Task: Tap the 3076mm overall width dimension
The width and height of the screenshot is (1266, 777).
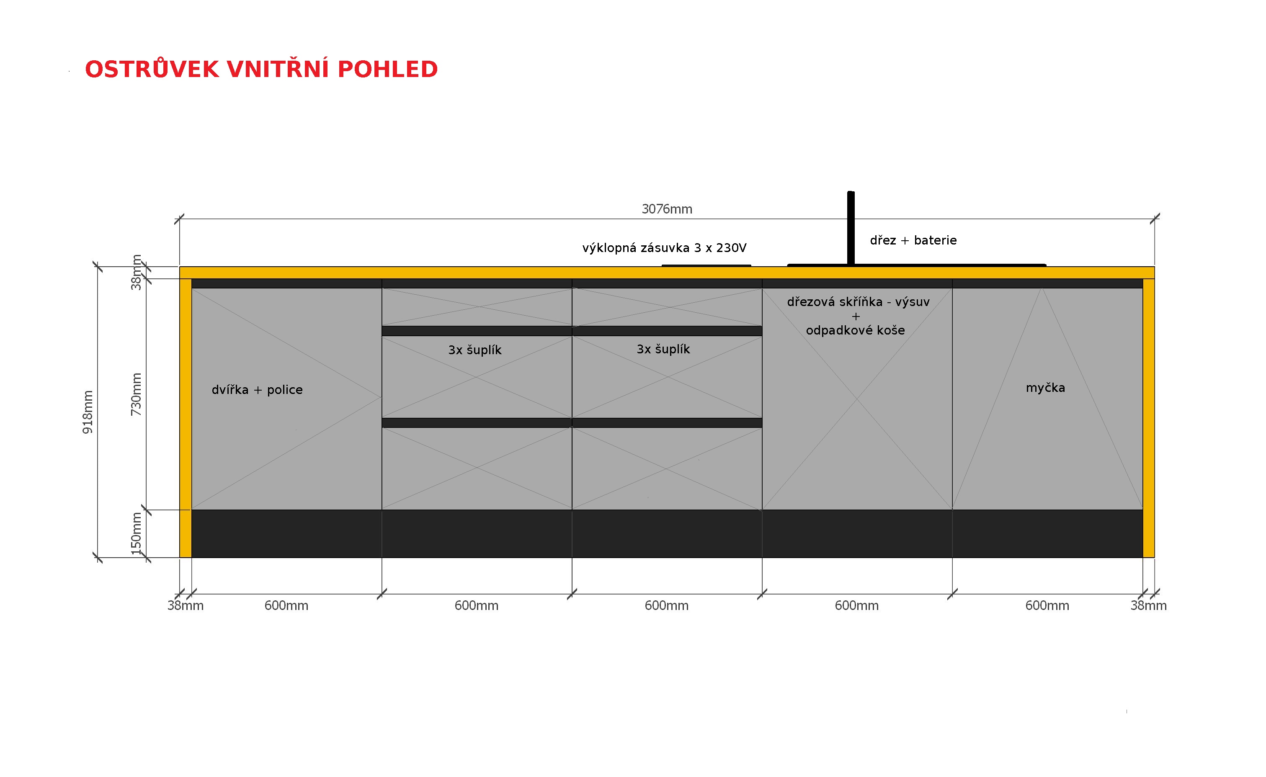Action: [x=667, y=209]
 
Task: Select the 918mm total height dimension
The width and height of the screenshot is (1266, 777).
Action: [x=88, y=412]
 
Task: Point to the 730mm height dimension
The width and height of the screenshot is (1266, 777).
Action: [x=136, y=394]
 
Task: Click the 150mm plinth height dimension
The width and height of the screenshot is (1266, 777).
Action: [x=136, y=534]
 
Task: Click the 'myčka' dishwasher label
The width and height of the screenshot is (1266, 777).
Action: [x=1045, y=388]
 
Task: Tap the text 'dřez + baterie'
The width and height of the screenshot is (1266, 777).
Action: [x=913, y=240]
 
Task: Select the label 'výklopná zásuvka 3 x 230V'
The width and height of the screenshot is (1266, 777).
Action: [x=664, y=248]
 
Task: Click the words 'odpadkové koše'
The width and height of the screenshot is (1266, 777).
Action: [x=855, y=330]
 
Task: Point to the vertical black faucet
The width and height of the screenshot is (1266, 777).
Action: [x=851, y=228]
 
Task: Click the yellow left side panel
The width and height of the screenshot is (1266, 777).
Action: [x=186, y=418]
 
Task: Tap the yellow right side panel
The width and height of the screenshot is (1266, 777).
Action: [x=1148, y=418]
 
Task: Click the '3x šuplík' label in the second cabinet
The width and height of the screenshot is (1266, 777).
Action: [x=474, y=350]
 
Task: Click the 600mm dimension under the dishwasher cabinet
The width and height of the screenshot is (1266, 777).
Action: [x=1047, y=605]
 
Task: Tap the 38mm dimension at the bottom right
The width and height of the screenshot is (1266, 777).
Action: [x=1148, y=605]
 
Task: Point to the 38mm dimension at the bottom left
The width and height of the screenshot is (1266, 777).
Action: [x=186, y=605]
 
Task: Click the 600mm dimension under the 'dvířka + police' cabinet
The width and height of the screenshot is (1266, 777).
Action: [x=286, y=605]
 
